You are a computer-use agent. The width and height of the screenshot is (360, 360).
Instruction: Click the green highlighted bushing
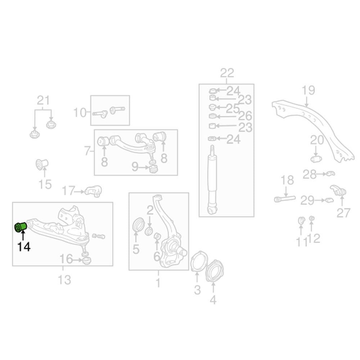pyautogui.click(x=21, y=227)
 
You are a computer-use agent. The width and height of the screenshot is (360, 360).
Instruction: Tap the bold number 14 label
pyautogui.click(x=24, y=247)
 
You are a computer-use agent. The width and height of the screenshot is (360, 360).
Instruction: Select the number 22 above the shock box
pyautogui.click(x=227, y=73)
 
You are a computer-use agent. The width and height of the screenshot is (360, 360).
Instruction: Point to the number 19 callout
pyautogui.click(x=308, y=90)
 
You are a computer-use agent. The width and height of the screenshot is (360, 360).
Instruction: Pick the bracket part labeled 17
pyautogui.click(x=94, y=191)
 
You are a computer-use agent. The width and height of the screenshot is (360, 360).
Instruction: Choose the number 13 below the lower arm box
pyautogui.click(x=64, y=280)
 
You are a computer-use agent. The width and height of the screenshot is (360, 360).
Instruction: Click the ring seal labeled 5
pyautogui.click(x=139, y=224)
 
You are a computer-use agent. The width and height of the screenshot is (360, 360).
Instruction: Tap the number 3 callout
pyautogui.click(x=197, y=290)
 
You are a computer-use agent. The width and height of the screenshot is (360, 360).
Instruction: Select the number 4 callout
pyautogui.click(x=213, y=300)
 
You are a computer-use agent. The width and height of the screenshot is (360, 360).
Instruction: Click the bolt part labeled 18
pyautogui.click(x=285, y=199)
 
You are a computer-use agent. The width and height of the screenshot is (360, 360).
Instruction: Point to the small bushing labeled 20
pyautogui.click(x=316, y=158)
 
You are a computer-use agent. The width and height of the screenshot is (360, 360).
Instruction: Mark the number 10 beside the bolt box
pyautogui.click(x=80, y=113)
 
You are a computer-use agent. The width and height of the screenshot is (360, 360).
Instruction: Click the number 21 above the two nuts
pyautogui.click(x=44, y=100)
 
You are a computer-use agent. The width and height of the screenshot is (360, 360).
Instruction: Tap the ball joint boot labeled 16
pyautogui.click(x=86, y=261)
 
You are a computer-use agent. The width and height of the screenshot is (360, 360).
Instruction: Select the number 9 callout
pyautogui.click(x=135, y=167)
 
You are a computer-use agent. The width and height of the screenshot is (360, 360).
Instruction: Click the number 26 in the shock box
pyautogui.click(x=245, y=116)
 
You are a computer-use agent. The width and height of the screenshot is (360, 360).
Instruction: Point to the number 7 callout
pyautogui.click(x=87, y=151)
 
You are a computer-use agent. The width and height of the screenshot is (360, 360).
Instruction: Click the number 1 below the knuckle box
pyautogui.click(x=158, y=283)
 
